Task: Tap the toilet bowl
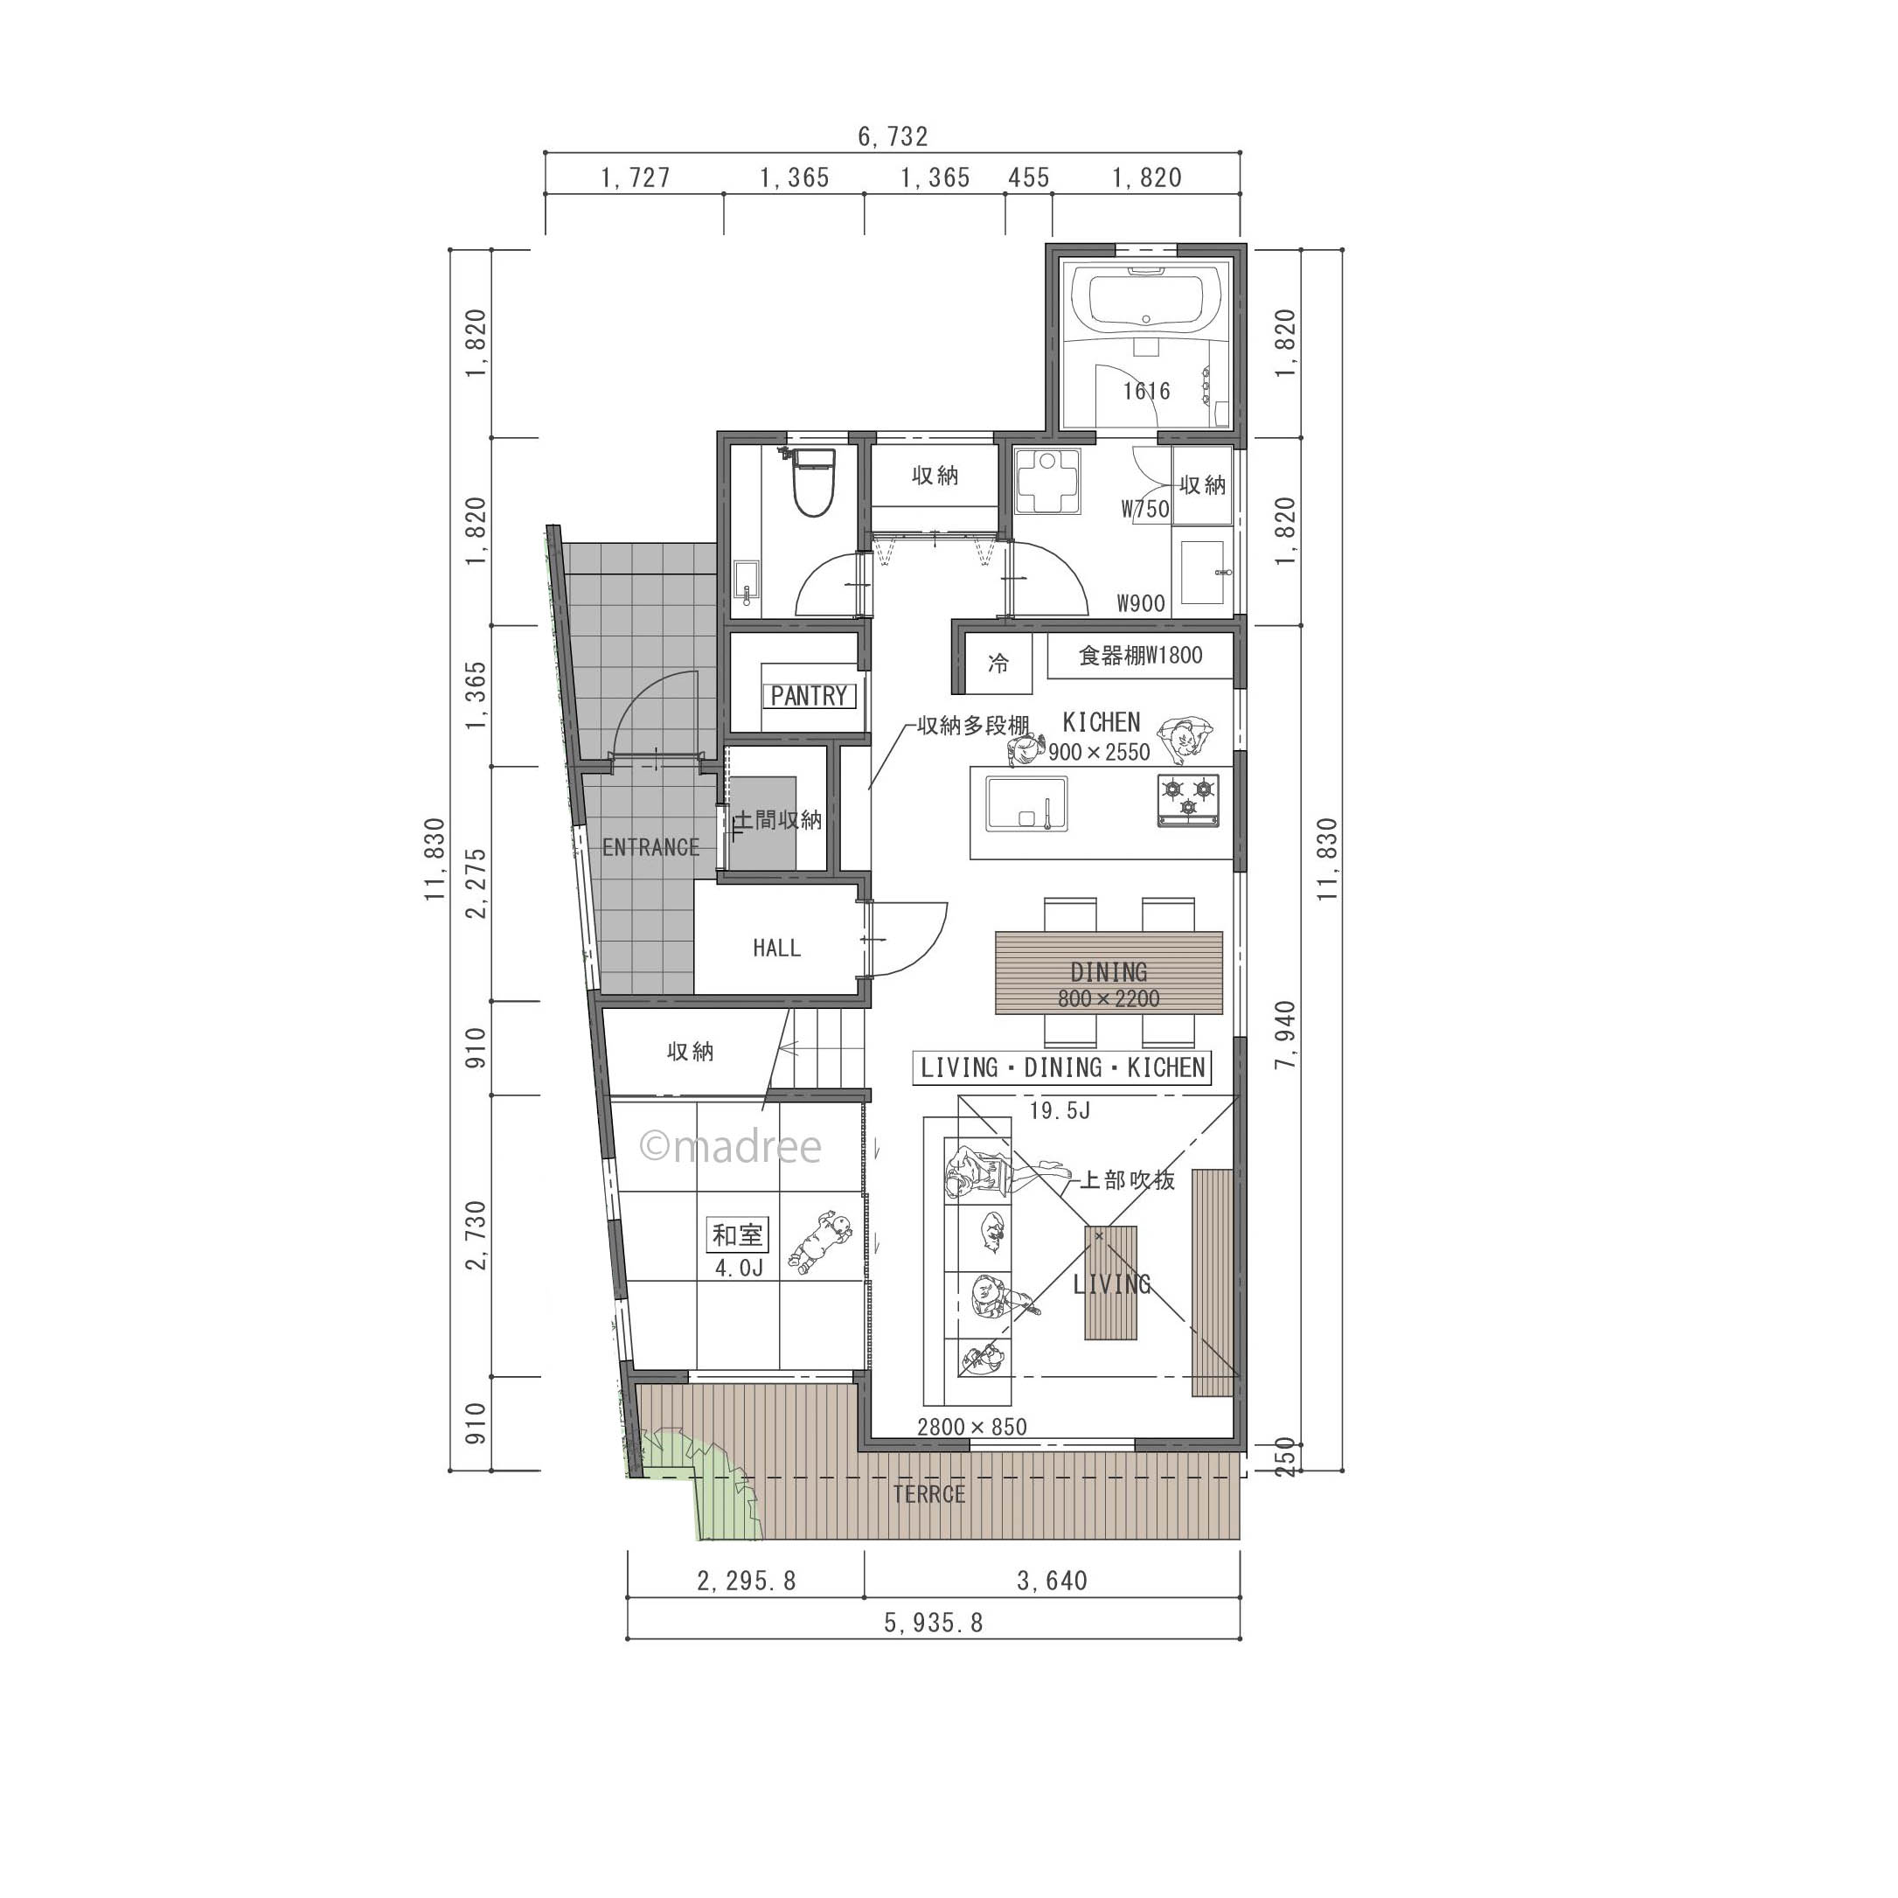click(x=812, y=483)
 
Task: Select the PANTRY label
click(x=810, y=697)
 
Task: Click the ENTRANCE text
click(x=650, y=847)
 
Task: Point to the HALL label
click(x=776, y=948)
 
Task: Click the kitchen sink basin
click(x=1026, y=804)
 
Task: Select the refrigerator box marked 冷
click(x=998, y=664)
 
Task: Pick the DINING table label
click(x=1109, y=971)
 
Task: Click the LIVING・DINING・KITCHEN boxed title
click(x=1062, y=1067)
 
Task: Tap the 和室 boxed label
click(x=738, y=1234)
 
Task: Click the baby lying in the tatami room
click(x=819, y=1242)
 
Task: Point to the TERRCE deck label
click(x=928, y=1495)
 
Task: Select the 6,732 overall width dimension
click(x=892, y=136)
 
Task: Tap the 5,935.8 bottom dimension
click(x=934, y=1623)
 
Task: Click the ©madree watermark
click(x=730, y=1146)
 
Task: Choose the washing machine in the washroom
click(x=1047, y=483)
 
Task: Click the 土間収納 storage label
click(x=779, y=819)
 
